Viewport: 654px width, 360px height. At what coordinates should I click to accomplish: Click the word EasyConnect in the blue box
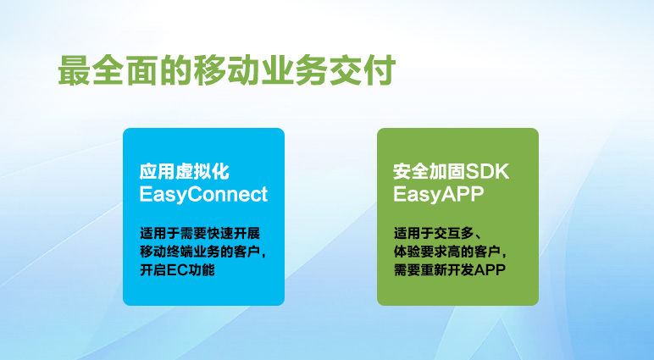[x=203, y=195]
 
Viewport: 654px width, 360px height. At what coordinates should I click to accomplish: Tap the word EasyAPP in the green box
[x=438, y=194]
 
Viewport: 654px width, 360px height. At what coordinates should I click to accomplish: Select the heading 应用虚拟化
[x=185, y=171]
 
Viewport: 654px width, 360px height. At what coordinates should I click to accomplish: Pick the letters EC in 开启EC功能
[x=178, y=270]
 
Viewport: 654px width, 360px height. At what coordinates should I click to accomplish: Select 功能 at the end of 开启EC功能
[x=202, y=270]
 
